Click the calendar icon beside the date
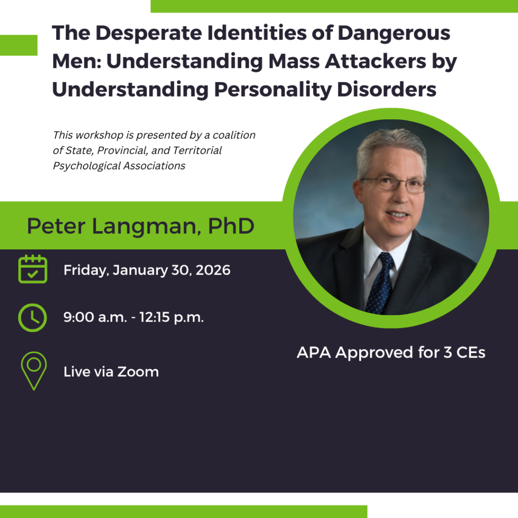(x=33, y=269)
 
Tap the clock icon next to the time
(x=32, y=318)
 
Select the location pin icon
(x=34, y=371)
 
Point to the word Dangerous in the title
(x=394, y=34)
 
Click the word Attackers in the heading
(x=376, y=61)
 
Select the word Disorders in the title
(x=386, y=89)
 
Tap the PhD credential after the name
(x=231, y=226)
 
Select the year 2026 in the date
(x=213, y=270)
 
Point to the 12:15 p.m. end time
(x=171, y=318)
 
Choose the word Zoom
(x=138, y=372)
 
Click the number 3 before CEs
(x=447, y=353)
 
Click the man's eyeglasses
(x=395, y=184)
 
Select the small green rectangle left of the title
(x=19, y=45)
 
